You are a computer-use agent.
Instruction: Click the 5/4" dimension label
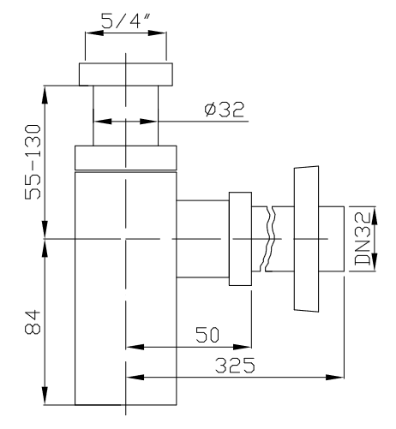126,21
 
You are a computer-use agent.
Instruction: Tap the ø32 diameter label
225,110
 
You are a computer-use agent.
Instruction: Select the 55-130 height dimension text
33,162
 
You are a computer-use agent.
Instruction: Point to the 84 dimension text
33,322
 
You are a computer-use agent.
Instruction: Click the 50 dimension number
207,335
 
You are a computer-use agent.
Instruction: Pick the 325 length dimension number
235,365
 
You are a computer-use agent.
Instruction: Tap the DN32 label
363,239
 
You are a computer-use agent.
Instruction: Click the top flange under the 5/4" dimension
126,74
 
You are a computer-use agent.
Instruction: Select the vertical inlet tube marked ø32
126,116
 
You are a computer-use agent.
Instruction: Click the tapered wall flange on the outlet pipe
306,239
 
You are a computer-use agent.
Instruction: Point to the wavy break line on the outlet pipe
270,239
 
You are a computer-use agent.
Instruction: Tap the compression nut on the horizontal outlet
240,239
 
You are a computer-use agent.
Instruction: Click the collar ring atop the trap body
126,158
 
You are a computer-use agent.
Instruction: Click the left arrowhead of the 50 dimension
135,347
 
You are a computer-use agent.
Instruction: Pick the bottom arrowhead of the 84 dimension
45,396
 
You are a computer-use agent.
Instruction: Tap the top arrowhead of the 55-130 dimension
45,95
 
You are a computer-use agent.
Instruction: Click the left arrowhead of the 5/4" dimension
94,33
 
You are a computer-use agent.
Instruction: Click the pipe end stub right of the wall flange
332,239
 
